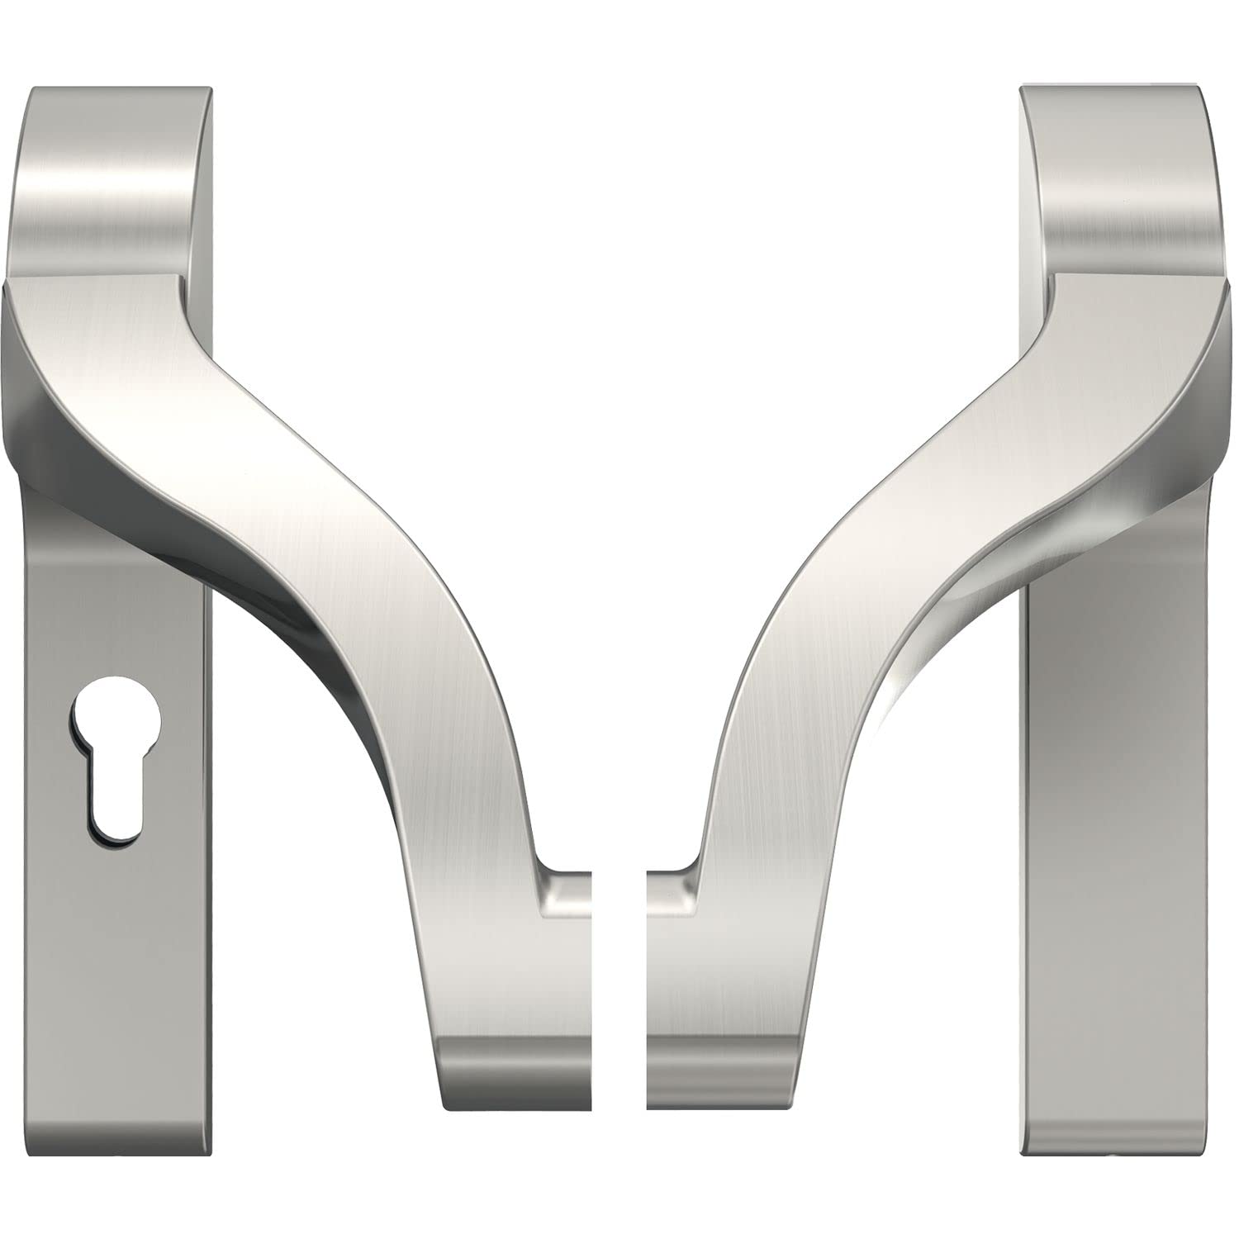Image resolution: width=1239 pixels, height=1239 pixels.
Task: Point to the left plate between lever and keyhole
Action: tap(116, 595)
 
